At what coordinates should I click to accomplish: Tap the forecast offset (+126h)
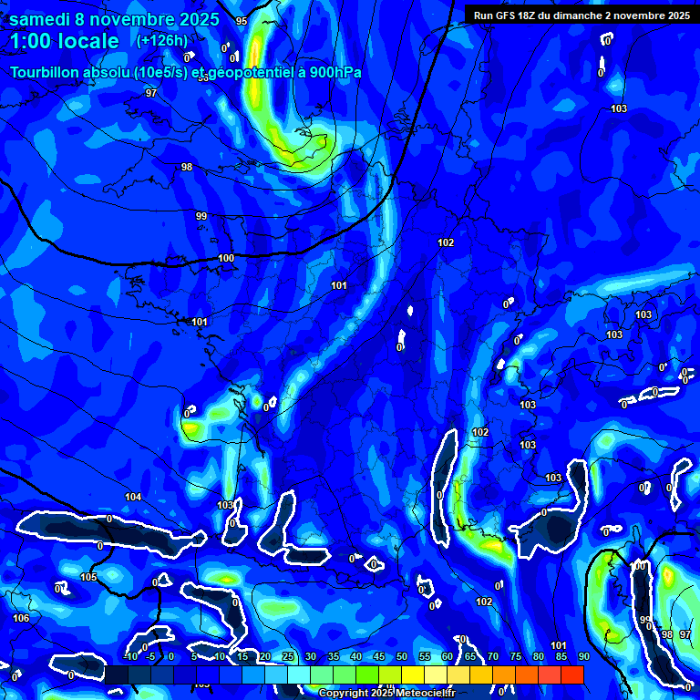pyautogui.click(x=162, y=40)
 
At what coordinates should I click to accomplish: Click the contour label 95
pyautogui.click(x=242, y=21)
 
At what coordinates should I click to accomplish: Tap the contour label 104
pyautogui.click(x=133, y=497)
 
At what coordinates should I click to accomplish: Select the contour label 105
pyautogui.click(x=88, y=578)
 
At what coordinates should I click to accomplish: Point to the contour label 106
pyautogui.click(x=21, y=618)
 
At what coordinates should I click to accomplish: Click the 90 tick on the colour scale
pyautogui.click(x=583, y=656)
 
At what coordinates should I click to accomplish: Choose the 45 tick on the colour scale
pyautogui.click(x=379, y=656)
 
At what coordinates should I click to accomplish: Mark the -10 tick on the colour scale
pyautogui.click(x=130, y=656)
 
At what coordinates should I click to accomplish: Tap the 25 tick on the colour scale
pyautogui.click(x=288, y=656)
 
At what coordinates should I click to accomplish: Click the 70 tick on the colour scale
pyautogui.click(x=493, y=656)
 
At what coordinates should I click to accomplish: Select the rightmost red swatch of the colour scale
pyautogui.click(x=571, y=674)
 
